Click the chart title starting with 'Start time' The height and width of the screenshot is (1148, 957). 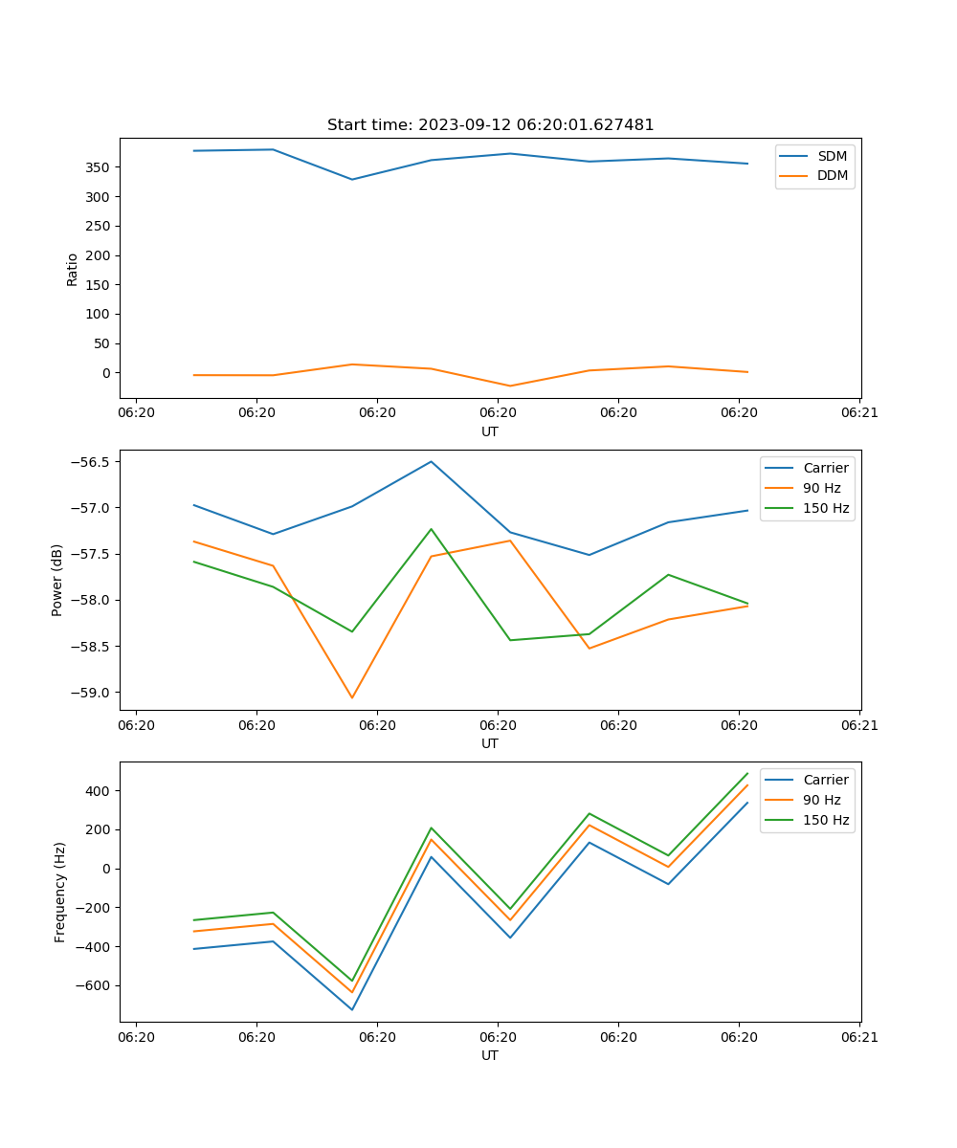(x=490, y=125)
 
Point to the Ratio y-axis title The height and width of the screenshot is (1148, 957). (x=73, y=270)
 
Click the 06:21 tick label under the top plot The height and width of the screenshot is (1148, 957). (x=859, y=413)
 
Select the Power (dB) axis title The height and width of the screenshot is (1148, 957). (x=57, y=580)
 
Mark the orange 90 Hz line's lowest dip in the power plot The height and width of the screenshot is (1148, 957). (x=352, y=697)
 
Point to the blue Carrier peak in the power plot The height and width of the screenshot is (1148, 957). (x=431, y=461)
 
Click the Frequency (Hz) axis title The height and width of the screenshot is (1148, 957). (x=59, y=892)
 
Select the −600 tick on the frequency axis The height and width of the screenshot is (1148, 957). (x=96, y=985)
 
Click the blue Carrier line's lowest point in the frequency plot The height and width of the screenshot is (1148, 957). (x=352, y=1009)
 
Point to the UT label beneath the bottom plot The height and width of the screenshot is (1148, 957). (x=490, y=1055)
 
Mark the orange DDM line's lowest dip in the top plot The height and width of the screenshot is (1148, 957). (x=510, y=386)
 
